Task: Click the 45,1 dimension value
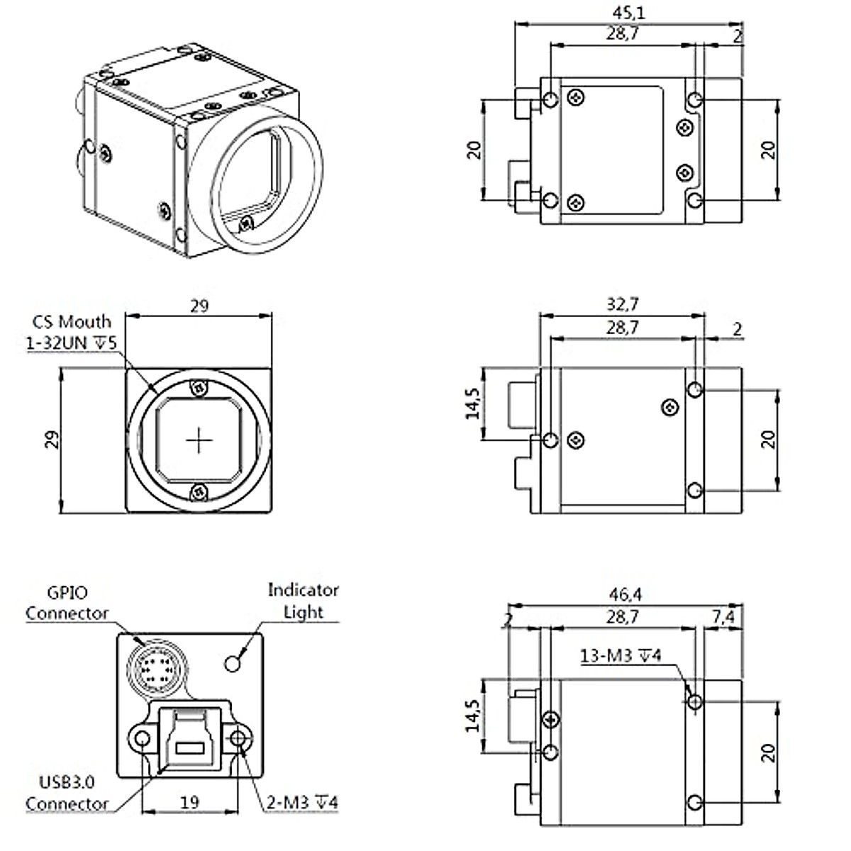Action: tap(628, 12)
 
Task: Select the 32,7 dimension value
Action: tap(623, 304)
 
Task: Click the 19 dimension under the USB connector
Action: tap(190, 803)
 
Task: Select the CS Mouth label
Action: tap(72, 323)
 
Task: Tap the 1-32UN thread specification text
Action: tap(70, 343)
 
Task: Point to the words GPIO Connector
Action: tap(67, 603)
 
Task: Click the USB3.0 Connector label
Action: tap(67, 794)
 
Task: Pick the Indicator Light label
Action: tap(303, 601)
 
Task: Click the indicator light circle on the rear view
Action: tap(232, 663)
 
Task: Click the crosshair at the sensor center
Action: tap(199, 440)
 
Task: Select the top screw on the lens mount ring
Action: tap(199, 388)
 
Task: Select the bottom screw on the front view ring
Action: tap(199, 491)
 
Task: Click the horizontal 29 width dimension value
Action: tap(199, 306)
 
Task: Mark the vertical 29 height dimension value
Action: tap(52, 440)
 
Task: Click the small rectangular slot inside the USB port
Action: tap(190, 747)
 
